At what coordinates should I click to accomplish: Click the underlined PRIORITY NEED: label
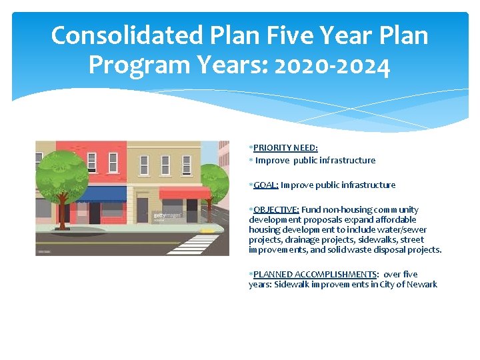click(285, 148)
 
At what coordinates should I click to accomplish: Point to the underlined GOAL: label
click(266, 185)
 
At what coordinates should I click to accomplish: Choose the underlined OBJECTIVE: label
click(276, 210)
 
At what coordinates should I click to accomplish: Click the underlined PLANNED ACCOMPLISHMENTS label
click(315, 275)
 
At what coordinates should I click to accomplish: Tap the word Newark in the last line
click(421, 285)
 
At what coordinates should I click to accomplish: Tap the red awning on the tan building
click(185, 193)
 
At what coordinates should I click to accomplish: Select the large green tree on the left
click(63, 176)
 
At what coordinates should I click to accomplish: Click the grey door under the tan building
click(142, 211)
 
